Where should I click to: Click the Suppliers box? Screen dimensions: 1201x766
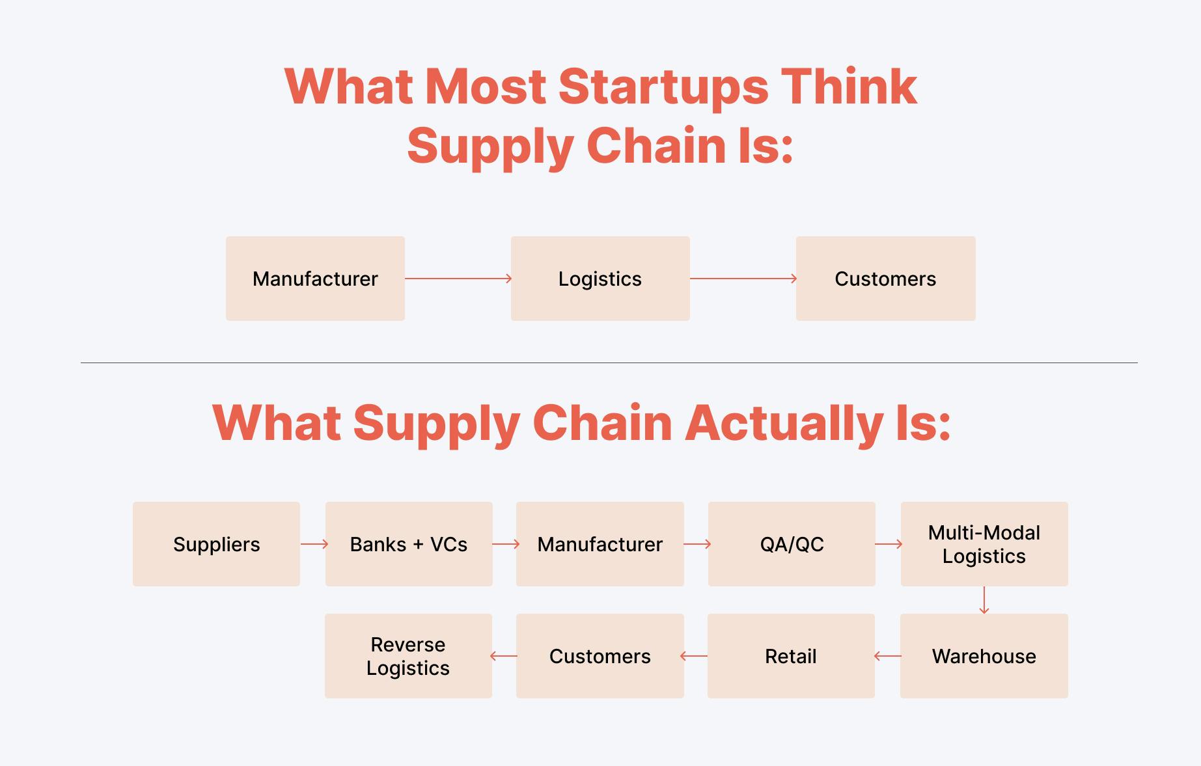tap(216, 544)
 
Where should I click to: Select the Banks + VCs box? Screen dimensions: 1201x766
tap(409, 544)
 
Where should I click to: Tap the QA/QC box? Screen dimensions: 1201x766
tap(792, 544)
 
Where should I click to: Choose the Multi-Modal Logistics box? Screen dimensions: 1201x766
tap(984, 544)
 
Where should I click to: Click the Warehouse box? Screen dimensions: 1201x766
tap(984, 656)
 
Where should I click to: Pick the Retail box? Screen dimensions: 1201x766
tap(791, 656)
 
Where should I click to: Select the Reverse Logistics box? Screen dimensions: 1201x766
tap(408, 656)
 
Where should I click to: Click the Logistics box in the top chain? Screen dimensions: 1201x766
tap(600, 279)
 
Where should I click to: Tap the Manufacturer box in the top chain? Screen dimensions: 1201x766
tap(315, 279)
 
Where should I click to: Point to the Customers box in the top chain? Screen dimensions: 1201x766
tap(885, 279)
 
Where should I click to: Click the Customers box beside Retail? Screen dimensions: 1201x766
tap(600, 656)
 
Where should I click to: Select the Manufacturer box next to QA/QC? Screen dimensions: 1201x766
tap(600, 544)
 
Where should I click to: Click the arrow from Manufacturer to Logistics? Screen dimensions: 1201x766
tap(458, 279)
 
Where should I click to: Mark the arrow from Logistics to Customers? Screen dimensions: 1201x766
tap(743, 279)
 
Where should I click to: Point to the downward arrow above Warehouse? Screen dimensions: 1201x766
tap(984, 600)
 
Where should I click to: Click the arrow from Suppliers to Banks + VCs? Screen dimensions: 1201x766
tap(313, 544)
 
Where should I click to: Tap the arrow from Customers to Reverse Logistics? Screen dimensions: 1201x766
tap(504, 656)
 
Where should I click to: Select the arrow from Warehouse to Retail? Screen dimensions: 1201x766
tap(888, 656)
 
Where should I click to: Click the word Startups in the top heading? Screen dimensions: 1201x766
tap(663, 87)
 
